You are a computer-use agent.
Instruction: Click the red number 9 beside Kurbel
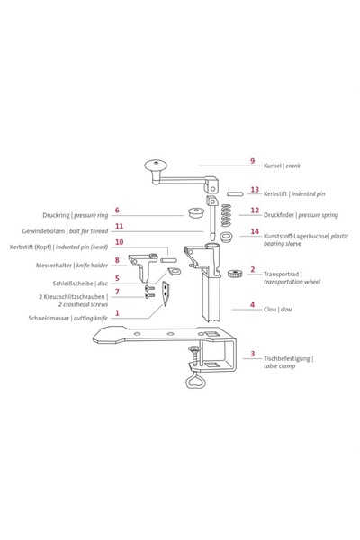pos(253,161)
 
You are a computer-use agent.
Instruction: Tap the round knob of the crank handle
pos(156,165)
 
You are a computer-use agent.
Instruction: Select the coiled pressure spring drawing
pos(226,215)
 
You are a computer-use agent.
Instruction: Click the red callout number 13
pos(255,189)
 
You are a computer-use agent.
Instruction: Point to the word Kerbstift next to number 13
pos(275,193)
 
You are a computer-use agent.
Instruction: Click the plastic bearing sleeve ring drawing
pos(226,238)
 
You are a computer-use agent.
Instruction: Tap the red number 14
pos(255,231)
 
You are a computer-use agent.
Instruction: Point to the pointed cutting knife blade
pos(166,293)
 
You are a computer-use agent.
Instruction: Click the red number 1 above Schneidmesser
pos(117,312)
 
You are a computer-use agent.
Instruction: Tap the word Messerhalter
pos(54,265)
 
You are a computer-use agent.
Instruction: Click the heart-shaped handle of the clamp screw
pos(195,380)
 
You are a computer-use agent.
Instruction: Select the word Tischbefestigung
pos(287,359)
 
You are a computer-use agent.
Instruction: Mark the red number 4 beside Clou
pos(253,305)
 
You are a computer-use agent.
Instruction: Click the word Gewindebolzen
pos(43,231)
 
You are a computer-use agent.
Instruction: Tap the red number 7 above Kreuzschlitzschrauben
pos(117,292)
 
